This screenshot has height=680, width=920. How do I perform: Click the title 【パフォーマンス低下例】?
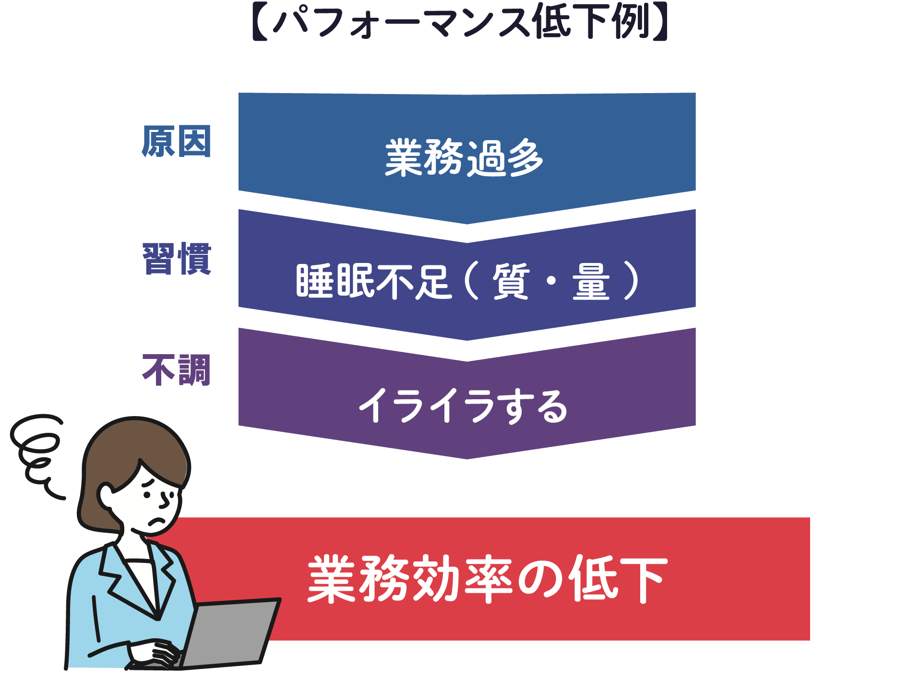460,22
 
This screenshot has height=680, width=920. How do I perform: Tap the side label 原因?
177,141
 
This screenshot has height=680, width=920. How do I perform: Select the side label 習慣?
177,259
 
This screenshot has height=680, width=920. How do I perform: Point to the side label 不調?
177,370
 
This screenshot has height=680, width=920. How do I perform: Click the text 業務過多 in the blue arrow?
464,157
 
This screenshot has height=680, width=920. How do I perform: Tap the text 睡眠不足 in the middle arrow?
374,281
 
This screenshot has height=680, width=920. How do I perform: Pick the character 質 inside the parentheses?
511,281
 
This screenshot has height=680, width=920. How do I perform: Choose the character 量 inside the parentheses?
591,281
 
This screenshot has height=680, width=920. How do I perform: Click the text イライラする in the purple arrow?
464,406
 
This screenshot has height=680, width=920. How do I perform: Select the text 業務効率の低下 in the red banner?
488,579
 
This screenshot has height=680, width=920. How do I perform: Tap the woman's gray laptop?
226,633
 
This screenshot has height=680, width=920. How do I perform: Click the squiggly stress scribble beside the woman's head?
36,456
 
